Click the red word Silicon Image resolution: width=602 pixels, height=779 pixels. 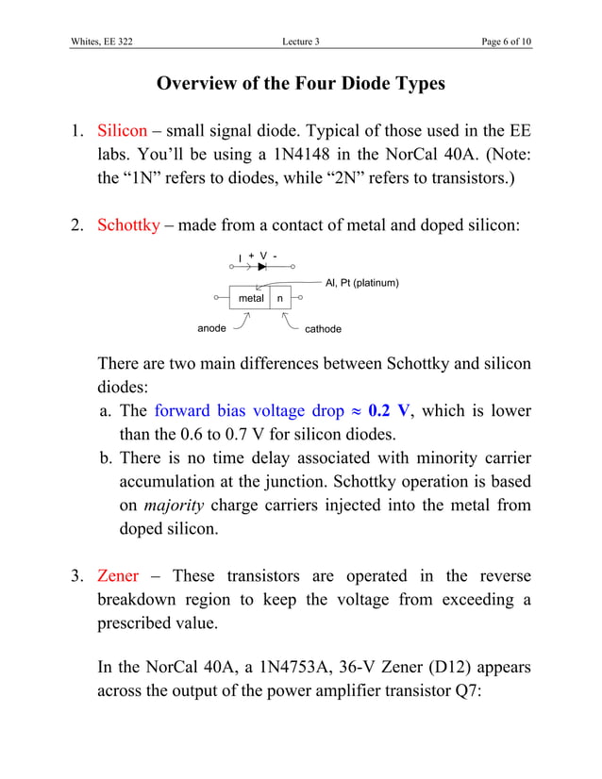pos(123,130)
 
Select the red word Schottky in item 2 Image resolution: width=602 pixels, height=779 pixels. pos(128,225)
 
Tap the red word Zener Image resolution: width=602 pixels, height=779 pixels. pos(118,575)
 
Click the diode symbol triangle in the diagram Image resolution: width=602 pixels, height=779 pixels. pos(261,266)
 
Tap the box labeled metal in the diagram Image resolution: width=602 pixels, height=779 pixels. pos(250,298)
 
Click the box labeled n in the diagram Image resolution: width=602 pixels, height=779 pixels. pos(280,298)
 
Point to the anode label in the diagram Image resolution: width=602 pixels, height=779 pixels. pos(211,328)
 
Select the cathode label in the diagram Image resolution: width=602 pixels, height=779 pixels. pos(323,329)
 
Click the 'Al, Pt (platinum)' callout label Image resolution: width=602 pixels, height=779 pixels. pos(361,283)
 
